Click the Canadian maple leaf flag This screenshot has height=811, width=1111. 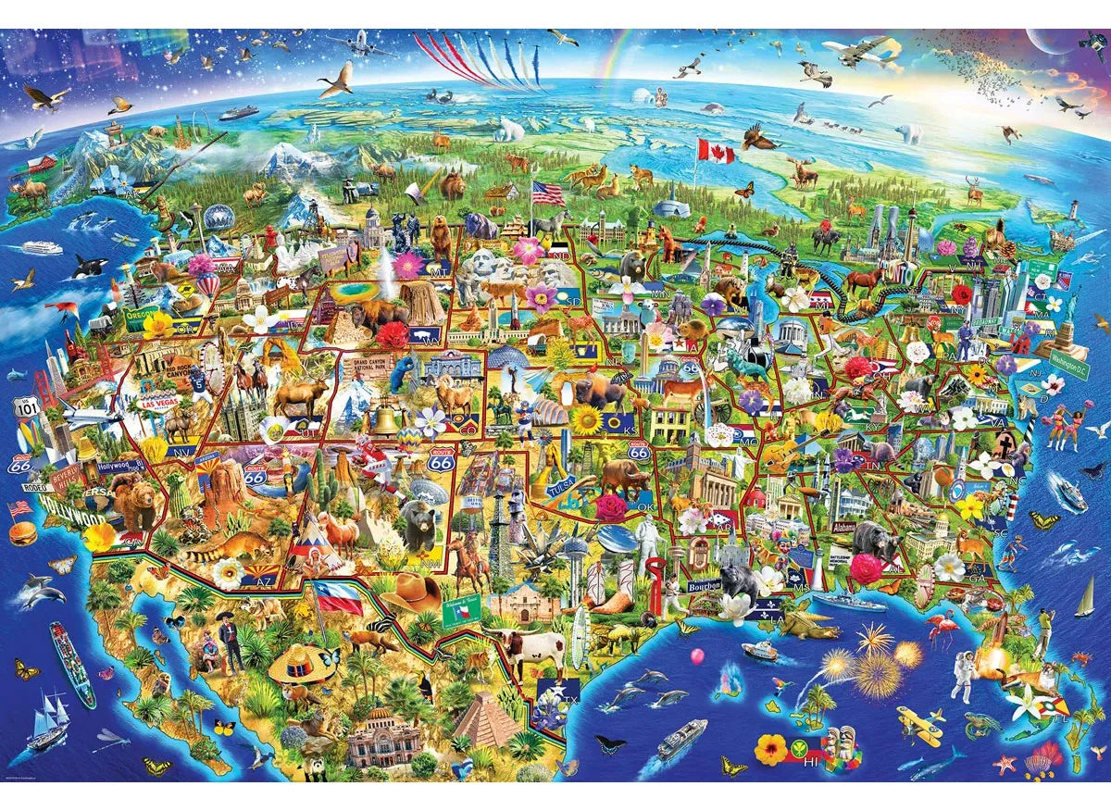coord(716,150)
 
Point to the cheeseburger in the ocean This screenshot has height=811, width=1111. coord(22,532)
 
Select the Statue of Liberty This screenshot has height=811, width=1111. coord(1066,310)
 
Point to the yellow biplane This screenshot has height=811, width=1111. coord(918,725)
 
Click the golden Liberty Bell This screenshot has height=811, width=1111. coord(383,418)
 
